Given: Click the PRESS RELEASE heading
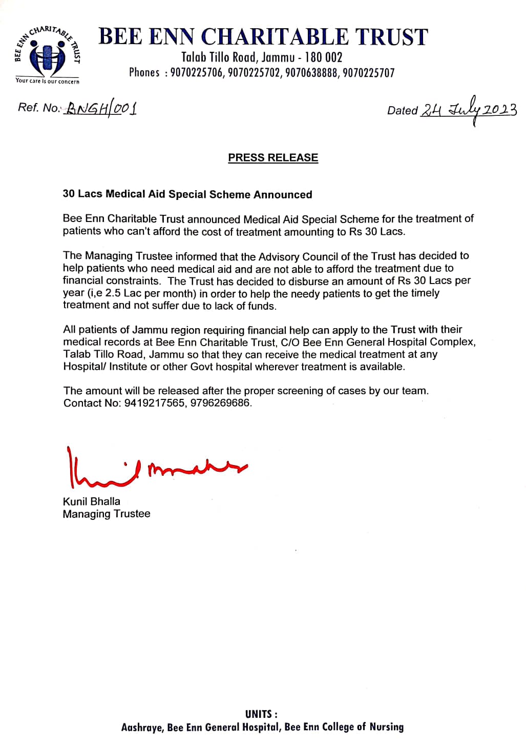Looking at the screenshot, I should [x=273, y=158].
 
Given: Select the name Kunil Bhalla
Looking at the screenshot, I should [x=92, y=501].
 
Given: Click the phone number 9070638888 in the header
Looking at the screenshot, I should [x=311, y=73].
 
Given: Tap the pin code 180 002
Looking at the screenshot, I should [x=323, y=57].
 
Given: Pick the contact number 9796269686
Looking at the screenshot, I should [x=221, y=403].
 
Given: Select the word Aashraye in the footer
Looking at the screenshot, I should [x=142, y=727].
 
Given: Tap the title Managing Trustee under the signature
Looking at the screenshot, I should [x=107, y=514].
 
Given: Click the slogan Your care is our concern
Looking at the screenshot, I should [x=48, y=81].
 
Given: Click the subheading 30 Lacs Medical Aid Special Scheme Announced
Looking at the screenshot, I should [x=187, y=194].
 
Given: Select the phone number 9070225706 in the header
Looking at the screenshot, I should [x=197, y=73].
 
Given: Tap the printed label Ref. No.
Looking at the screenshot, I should [x=39, y=108].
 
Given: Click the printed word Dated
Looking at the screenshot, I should [x=403, y=111].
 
